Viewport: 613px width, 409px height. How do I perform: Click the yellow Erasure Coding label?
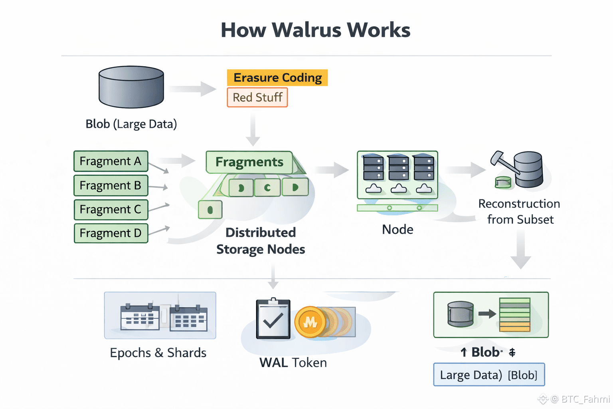pos(277,77)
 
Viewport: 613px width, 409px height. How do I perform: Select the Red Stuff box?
pos(257,97)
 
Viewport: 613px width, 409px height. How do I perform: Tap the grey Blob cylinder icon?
pos(131,87)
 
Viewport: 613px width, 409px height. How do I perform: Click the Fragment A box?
pos(111,161)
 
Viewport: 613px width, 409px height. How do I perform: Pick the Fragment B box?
pos(111,185)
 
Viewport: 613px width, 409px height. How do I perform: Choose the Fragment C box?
pos(111,209)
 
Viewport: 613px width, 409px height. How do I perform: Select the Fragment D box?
pos(111,233)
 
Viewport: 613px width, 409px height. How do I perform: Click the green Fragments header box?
pos(249,162)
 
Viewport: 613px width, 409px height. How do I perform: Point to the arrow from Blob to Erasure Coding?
pos(193,89)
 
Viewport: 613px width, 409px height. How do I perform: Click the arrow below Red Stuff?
pos(253,130)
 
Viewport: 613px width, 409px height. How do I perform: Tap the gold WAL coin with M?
pos(310,322)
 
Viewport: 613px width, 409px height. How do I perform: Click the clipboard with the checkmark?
pos(273,319)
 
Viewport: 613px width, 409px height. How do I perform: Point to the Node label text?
pos(397,230)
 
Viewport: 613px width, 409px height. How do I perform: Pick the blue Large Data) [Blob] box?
pos(489,375)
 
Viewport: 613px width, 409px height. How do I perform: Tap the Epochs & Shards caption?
pos(158,353)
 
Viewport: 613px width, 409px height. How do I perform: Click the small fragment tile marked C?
pos(267,187)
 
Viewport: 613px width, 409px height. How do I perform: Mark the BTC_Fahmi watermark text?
pos(585,399)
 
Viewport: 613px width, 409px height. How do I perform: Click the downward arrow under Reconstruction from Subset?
pos(520,250)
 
